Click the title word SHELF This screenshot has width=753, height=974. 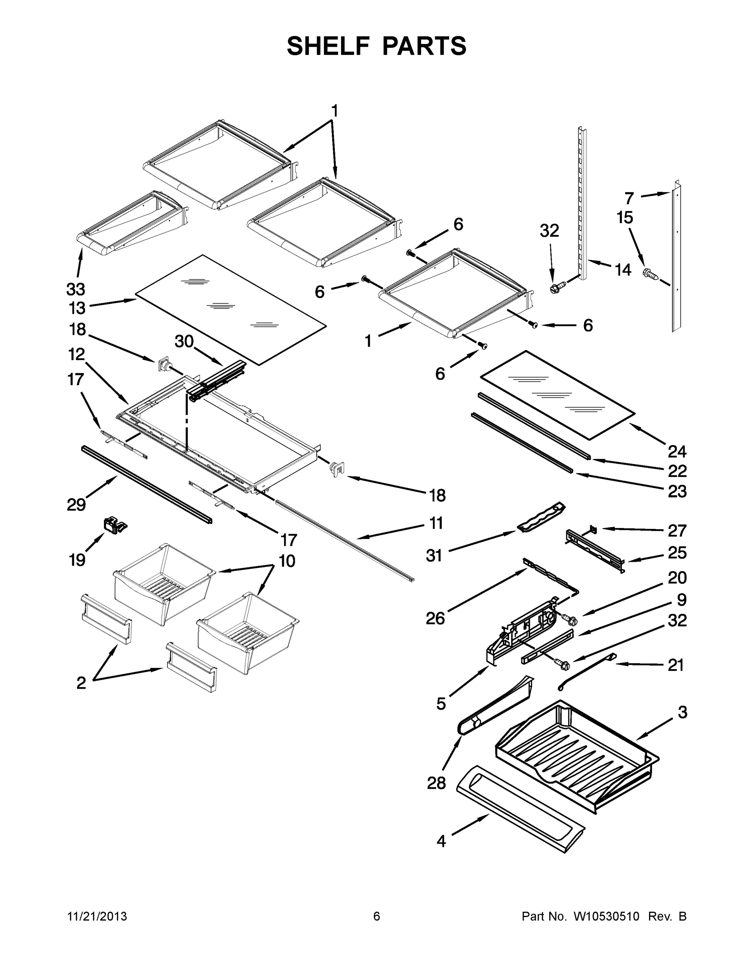pos(328,46)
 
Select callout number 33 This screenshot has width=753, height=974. pos(76,289)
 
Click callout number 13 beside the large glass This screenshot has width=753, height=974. pos(77,308)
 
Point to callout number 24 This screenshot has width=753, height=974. pos(677,451)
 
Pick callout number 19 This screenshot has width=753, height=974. pos(77,559)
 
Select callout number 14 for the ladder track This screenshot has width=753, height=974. pos(623,269)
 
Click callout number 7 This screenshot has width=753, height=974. pos(629,198)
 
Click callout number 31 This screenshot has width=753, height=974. pos(434,555)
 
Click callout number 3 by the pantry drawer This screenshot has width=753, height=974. pos(682,712)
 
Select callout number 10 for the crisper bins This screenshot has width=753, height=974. pos(287,560)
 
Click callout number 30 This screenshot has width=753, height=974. pos(184,342)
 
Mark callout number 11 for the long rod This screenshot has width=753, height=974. pos(436,523)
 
